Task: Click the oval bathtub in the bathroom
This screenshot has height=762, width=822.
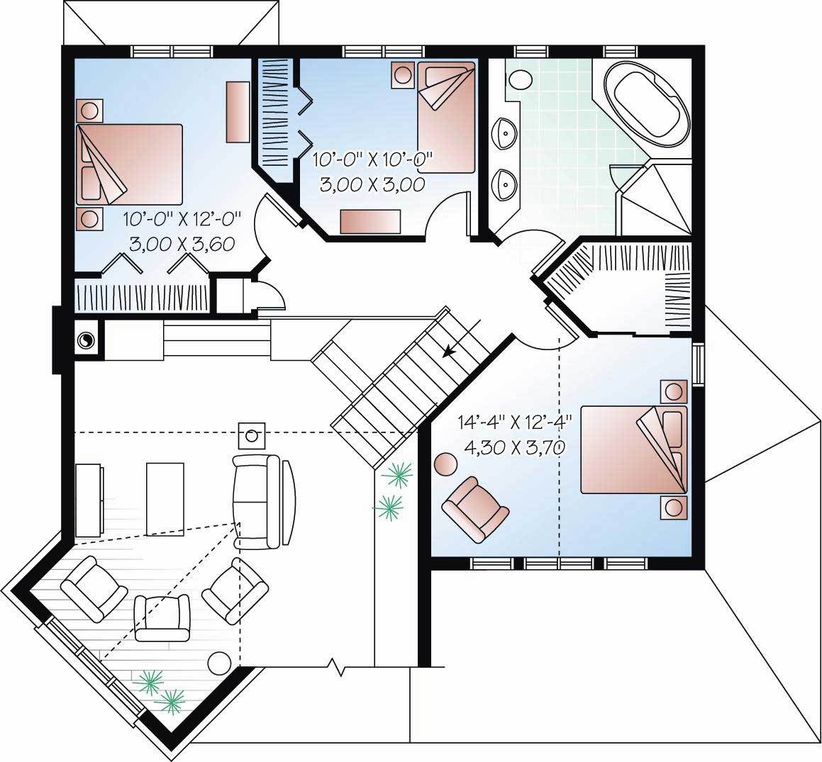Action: click(x=650, y=106)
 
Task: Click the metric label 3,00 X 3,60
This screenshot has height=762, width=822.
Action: click(x=182, y=244)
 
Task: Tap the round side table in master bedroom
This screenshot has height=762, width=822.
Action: click(x=446, y=465)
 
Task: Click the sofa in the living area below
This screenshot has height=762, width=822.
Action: click(x=260, y=500)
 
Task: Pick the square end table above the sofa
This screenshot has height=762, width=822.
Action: click(x=251, y=435)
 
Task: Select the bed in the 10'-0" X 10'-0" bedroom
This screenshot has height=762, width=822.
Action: click(x=445, y=117)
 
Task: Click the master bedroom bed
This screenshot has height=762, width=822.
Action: click(x=634, y=449)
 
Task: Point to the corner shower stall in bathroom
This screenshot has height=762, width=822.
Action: click(x=654, y=199)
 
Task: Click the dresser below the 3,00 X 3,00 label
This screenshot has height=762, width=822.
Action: click(x=370, y=221)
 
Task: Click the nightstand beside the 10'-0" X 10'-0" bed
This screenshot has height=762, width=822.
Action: click(x=404, y=76)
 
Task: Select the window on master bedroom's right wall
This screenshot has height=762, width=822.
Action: click(x=699, y=364)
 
